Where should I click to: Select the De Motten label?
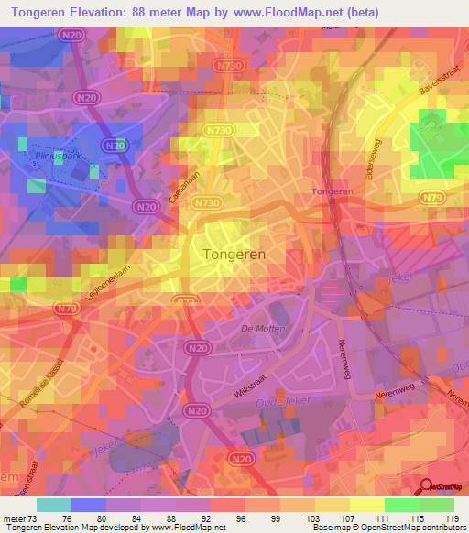[263, 328]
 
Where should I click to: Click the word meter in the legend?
[16, 517]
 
